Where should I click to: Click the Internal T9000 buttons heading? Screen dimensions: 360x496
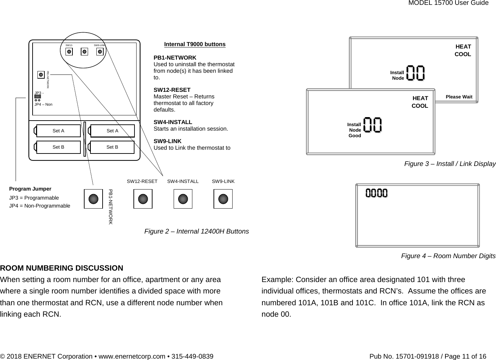[194, 44]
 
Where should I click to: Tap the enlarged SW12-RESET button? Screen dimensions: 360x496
[143, 199]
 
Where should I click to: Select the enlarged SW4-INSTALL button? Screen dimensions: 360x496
[183, 199]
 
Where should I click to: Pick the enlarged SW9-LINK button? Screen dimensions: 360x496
[223, 199]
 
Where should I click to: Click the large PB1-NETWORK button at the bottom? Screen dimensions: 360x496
[93, 199]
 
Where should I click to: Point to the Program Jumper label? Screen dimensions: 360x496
[30, 189]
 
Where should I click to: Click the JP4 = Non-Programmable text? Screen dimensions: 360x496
[40, 206]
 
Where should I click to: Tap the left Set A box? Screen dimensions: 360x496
[58, 131]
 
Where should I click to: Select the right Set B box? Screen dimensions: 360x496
[112, 147]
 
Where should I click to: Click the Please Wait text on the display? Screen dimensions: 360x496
[459, 97]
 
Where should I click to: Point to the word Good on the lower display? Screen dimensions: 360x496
[355, 136]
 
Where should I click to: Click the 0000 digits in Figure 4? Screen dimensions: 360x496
[377, 193]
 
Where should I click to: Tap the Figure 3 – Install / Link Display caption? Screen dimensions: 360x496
[450, 164]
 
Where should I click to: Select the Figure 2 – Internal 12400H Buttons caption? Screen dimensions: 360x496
[197, 231]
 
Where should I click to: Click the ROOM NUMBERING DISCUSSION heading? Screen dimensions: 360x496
[62, 268]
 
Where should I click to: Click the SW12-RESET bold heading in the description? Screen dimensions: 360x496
[172, 90]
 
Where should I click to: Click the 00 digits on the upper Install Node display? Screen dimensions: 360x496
[415, 73]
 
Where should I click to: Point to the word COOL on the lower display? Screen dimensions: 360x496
[420, 106]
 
